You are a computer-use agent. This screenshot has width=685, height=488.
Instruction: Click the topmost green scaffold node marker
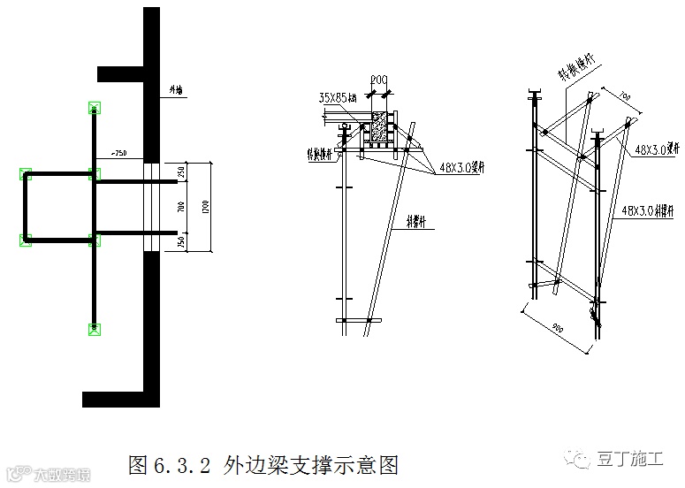(x=95, y=109)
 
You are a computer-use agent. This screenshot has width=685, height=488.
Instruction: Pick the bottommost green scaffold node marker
(x=95, y=329)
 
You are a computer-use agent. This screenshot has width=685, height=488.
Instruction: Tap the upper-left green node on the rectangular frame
(x=26, y=174)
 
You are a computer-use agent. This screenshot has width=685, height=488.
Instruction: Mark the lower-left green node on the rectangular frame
(x=26, y=239)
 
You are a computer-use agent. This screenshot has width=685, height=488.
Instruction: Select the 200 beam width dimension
(x=379, y=80)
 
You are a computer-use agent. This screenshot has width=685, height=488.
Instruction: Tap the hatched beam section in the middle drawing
(x=381, y=127)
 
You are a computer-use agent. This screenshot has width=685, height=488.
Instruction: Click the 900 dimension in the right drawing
(x=557, y=327)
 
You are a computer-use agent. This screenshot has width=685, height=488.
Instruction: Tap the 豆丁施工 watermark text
(x=631, y=459)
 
